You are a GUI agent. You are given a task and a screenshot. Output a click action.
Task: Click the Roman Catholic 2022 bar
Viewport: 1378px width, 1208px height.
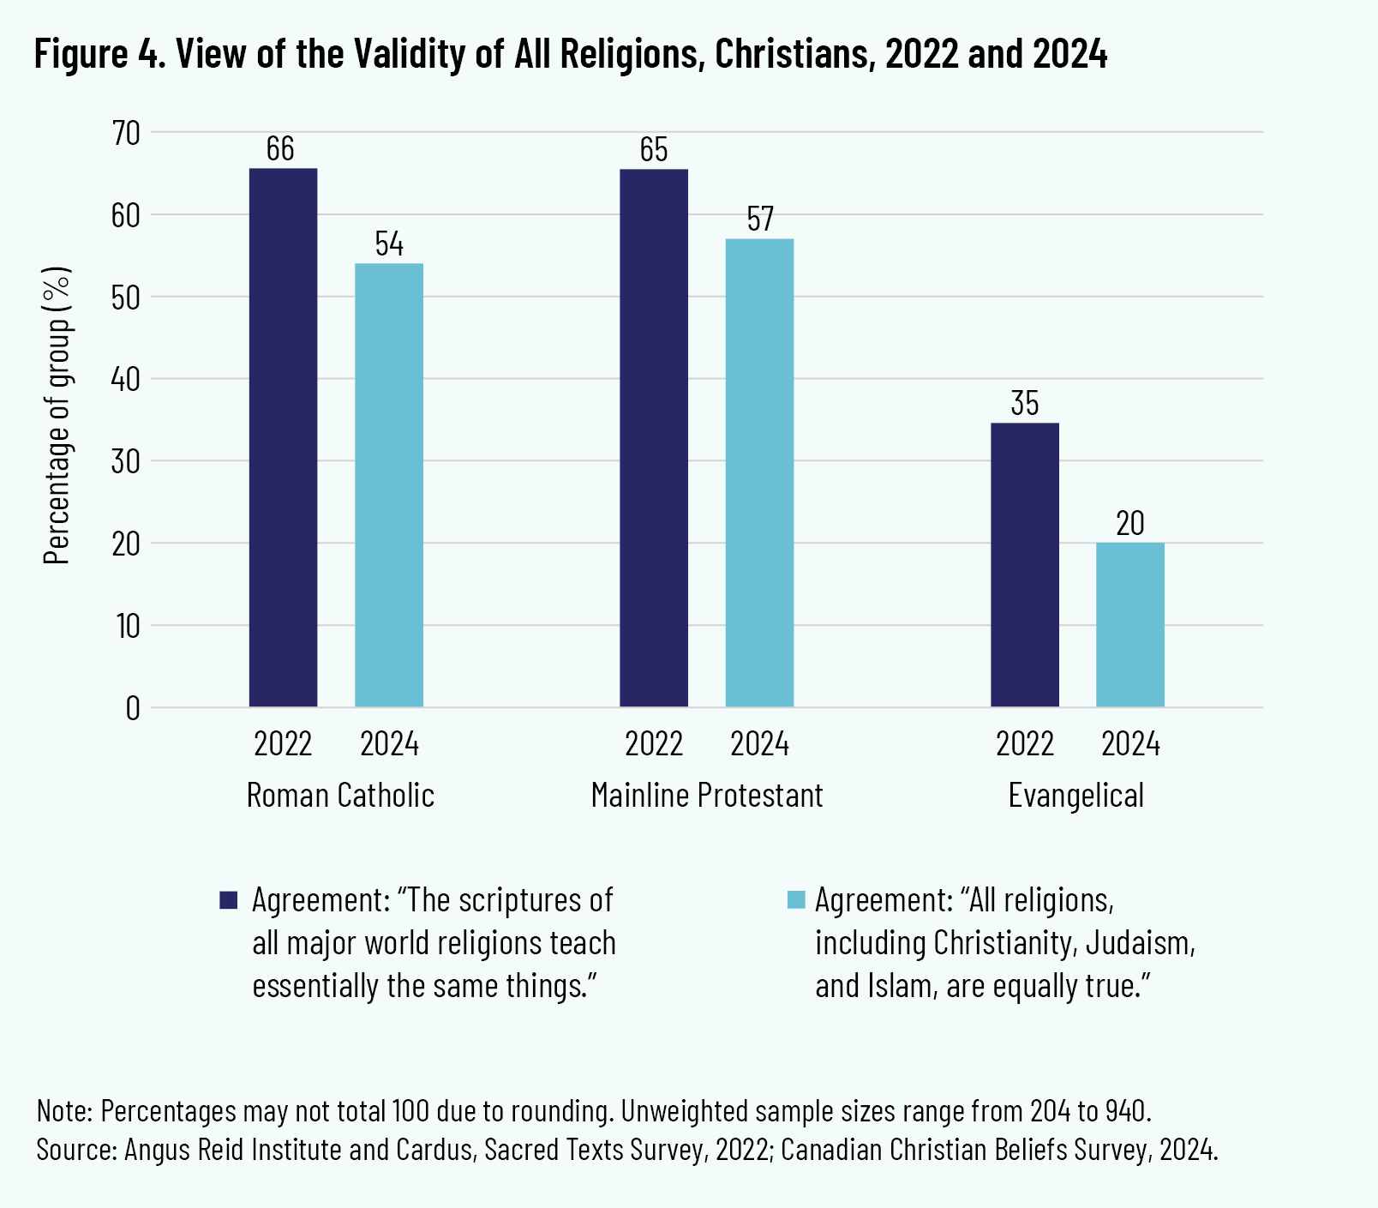283,437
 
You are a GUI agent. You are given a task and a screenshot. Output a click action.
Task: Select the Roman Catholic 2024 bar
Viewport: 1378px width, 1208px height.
389,484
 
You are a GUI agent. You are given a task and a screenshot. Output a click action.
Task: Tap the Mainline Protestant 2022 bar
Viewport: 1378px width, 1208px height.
654,437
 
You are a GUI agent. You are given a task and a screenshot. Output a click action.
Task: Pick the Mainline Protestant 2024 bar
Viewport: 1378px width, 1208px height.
759,472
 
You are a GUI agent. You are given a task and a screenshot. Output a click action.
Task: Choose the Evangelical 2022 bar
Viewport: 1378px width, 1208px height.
1025,565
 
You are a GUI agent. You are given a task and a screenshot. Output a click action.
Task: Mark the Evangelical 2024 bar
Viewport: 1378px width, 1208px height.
1130,625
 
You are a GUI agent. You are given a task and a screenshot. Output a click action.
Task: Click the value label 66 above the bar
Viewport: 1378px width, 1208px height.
280,149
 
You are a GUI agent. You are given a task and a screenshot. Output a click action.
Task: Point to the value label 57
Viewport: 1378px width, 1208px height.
759,219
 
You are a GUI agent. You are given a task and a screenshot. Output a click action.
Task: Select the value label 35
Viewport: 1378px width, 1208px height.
1025,404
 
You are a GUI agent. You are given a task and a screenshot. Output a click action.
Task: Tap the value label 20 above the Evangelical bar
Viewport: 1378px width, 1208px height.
1130,524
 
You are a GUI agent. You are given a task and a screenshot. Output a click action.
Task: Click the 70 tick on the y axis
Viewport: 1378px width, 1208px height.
125,133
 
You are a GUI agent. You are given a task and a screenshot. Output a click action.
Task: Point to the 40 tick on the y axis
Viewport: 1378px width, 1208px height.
125,379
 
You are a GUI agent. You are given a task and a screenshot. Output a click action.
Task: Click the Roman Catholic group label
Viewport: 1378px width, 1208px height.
340,796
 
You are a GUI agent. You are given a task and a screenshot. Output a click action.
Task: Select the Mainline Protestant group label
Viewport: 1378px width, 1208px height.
707,796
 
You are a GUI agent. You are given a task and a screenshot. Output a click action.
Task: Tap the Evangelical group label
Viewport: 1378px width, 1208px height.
1076,796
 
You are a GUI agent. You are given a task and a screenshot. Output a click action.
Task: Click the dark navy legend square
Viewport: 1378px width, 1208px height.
228,900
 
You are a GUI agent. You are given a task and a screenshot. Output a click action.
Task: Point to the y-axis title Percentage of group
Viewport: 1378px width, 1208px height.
57,416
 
